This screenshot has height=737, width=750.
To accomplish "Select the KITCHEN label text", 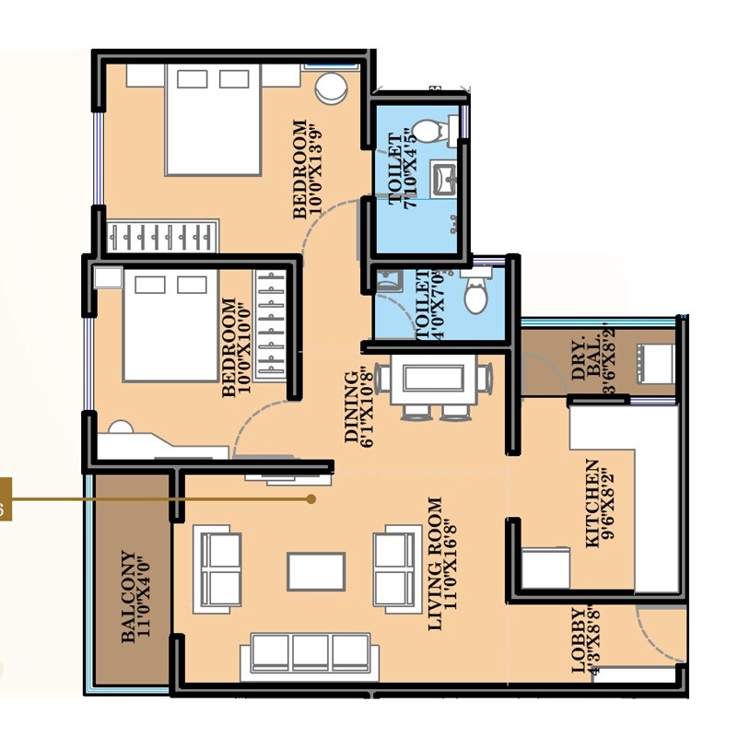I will pyautogui.click(x=592, y=504).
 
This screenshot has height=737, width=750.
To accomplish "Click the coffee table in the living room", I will pyautogui.click(x=316, y=571).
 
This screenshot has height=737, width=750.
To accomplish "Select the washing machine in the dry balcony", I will pyautogui.click(x=654, y=362).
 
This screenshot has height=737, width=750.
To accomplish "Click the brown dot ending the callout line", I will pyautogui.click(x=311, y=499).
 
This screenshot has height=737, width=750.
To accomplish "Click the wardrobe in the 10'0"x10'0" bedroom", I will pyautogui.click(x=271, y=324).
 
